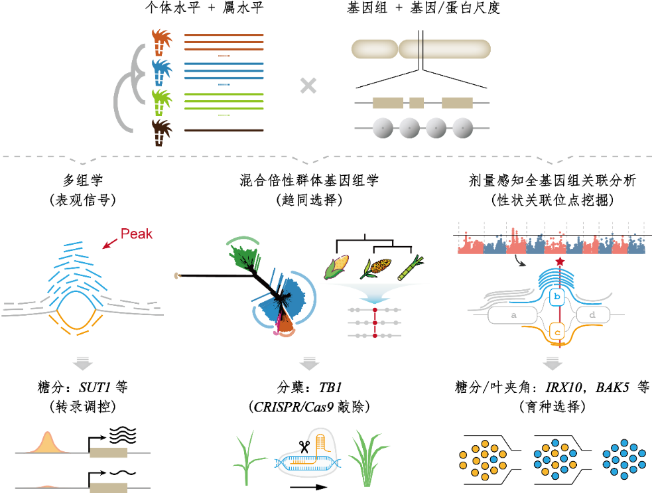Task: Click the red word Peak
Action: [137, 233]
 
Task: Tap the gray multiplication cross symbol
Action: [308, 85]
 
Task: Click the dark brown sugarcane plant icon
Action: [161, 133]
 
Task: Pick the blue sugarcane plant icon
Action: [161, 72]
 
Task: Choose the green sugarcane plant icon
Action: [161, 103]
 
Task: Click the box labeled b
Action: [557, 295]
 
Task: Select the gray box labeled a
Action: [513, 315]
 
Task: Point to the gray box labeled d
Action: [592, 315]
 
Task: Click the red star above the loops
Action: [560, 263]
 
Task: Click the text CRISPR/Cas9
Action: [291, 406]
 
